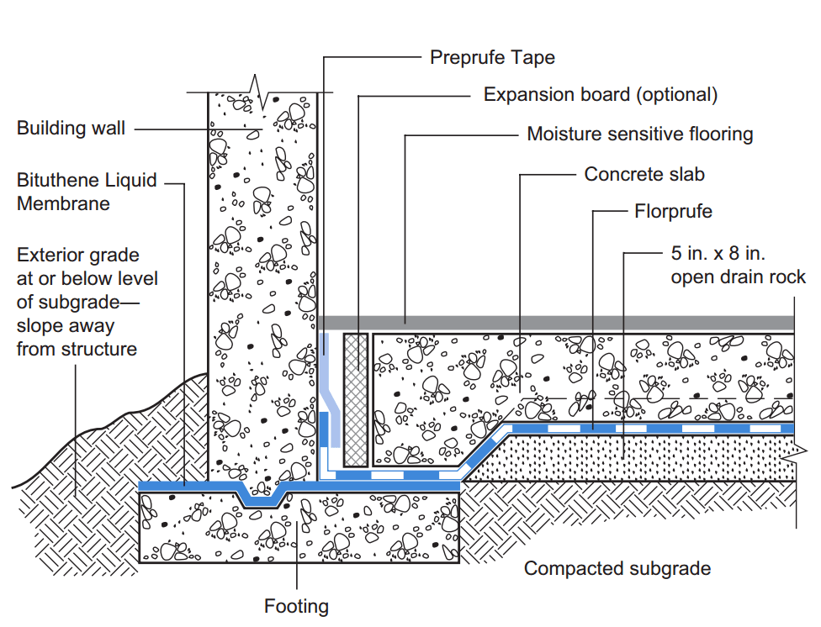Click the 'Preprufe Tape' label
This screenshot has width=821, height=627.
pos(492,57)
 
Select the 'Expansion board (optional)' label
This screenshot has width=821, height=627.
pos(601,94)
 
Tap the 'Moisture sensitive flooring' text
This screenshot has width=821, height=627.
pos(639,134)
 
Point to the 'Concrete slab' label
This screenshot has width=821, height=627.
pos(644,174)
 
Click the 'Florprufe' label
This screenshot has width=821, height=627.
pos(673,211)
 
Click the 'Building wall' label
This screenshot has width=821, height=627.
pos(71,129)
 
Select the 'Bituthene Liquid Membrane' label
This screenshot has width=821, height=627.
pos(87,192)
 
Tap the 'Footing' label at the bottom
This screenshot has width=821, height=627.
pos(296,606)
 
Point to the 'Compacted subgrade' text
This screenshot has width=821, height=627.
pos(617,569)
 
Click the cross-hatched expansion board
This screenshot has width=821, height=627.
pos(357,398)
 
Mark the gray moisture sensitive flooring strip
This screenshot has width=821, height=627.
pos(555,323)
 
